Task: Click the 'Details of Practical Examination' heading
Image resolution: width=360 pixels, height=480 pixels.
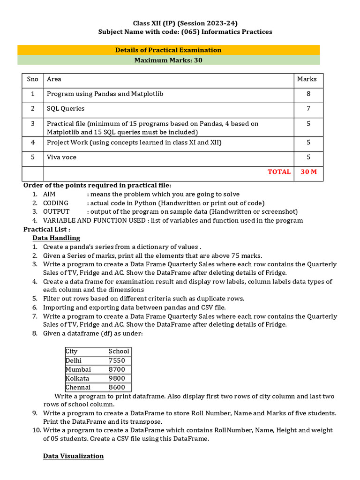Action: coord(168,50)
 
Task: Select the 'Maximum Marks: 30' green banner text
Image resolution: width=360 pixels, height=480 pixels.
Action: coord(168,60)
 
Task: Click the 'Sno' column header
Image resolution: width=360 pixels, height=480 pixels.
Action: coord(33,79)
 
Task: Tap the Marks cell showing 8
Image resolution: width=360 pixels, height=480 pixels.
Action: coord(308,94)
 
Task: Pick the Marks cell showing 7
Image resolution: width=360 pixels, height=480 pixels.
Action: coord(308,108)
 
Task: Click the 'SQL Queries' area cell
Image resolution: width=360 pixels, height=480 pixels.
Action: coord(66,108)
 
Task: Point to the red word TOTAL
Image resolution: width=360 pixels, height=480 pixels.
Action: coord(279,172)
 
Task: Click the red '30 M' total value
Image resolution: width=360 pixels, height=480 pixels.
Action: coord(308,172)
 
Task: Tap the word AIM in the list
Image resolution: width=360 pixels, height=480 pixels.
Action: coord(49,194)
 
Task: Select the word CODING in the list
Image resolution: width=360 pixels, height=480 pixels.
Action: coord(55,203)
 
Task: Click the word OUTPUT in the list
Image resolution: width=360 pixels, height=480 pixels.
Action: coord(56,212)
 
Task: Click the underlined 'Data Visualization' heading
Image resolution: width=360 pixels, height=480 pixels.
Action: coord(73,456)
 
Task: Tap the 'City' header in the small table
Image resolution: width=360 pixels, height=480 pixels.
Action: coord(72,351)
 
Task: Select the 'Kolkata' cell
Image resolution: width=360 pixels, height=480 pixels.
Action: coord(77,378)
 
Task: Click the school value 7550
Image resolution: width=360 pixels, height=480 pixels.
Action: coord(117,360)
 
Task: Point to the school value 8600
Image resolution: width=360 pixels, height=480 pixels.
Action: coord(117,387)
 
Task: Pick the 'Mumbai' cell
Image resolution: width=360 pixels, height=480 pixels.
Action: coord(78,369)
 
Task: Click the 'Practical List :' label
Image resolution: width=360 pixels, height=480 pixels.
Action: coord(47,229)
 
